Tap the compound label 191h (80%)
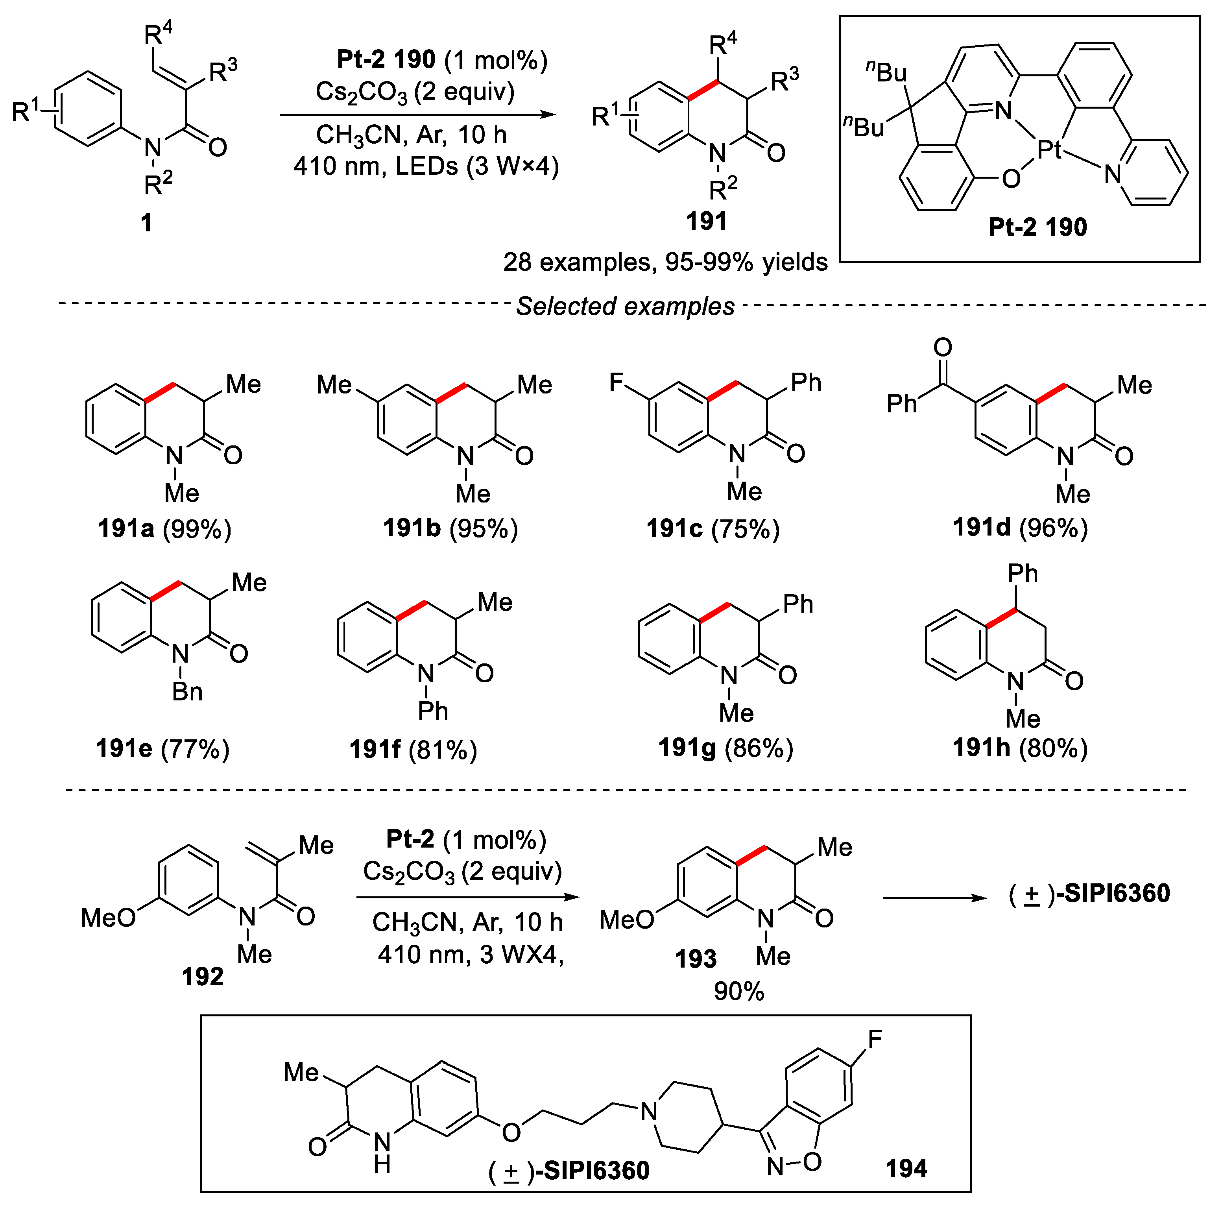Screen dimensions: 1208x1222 (x=1020, y=748)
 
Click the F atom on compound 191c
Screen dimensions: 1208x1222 (x=616, y=382)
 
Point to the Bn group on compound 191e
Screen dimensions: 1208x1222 (x=187, y=691)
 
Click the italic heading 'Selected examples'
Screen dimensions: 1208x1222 (x=625, y=306)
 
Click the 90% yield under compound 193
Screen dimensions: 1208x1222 (x=739, y=991)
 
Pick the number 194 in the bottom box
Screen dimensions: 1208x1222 (x=906, y=1168)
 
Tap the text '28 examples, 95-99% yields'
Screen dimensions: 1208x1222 (x=665, y=262)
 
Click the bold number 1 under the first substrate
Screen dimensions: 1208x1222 (x=146, y=223)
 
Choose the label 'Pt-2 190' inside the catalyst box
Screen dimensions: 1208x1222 (x=1037, y=226)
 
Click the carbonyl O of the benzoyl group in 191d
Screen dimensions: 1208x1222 (x=942, y=347)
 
